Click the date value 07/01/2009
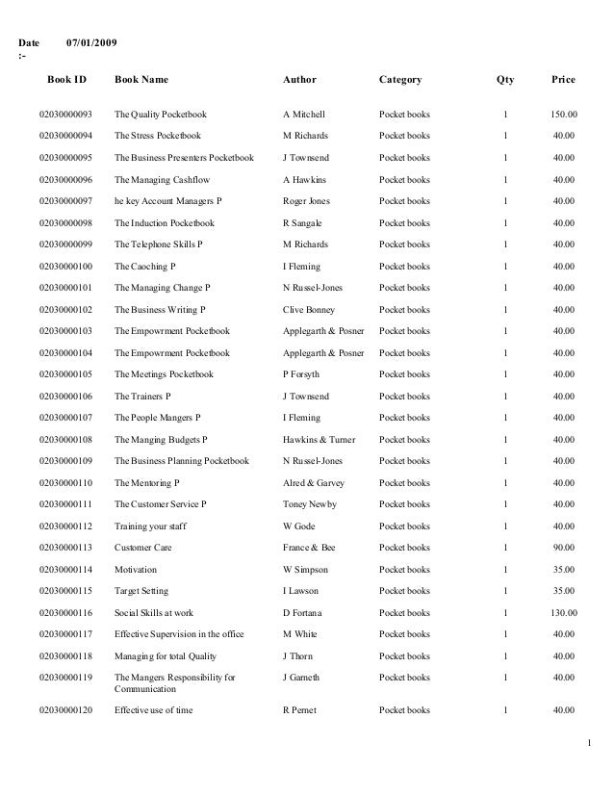[92, 44]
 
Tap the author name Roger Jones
[306, 201]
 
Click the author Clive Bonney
[309, 310]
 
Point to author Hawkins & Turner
[319, 440]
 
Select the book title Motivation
[136, 569]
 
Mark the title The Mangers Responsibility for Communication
[174, 683]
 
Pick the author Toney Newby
[311, 504]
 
